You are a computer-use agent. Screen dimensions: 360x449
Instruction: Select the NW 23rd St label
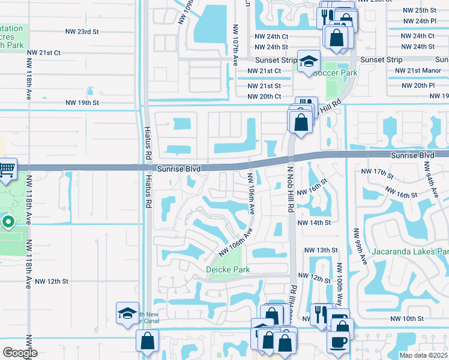(x=81, y=32)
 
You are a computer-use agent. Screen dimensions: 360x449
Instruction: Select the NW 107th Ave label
(x=235, y=45)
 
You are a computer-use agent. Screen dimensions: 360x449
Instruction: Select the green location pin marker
(x=8, y=223)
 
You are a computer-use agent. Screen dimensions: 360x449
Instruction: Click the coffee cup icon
(x=337, y=341)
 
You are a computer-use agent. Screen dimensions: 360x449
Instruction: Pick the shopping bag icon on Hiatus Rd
(x=148, y=341)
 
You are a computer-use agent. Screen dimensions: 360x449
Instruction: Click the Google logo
(x=20, y=352)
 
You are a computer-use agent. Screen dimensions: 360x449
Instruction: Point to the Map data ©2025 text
(x=423, y=355)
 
